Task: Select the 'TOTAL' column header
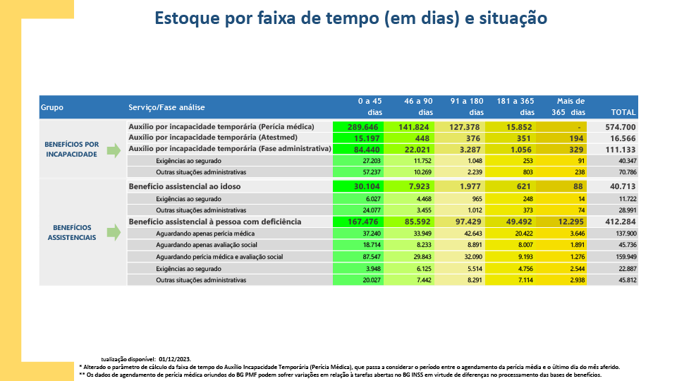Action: [623, 112]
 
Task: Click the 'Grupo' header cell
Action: [52, 108]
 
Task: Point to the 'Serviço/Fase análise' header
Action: [166, 108]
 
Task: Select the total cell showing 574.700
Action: [621, 127]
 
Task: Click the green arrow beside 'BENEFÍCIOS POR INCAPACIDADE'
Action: [113, 149]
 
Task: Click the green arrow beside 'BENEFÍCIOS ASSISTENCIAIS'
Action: [113, 233]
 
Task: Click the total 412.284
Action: [621, 222]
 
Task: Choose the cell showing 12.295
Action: [571, 222]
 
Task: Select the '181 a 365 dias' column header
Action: [514, 107]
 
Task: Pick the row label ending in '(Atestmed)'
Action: [223, 138]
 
